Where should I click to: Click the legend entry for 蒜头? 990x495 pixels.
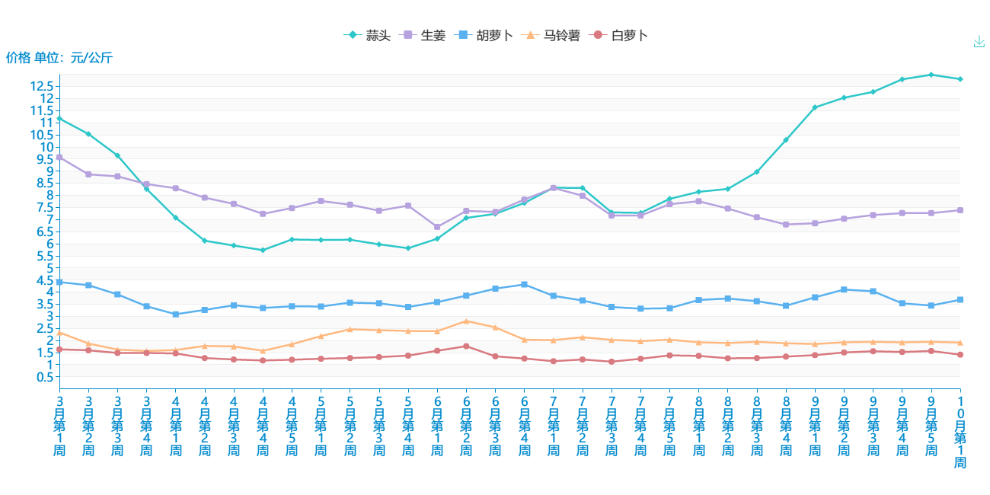(x=367, y=35)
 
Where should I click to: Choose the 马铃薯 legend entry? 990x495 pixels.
(x=554, y=35)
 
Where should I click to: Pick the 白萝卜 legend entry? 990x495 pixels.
(x=621, y=35)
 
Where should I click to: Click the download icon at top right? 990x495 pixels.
(x=979, y=42)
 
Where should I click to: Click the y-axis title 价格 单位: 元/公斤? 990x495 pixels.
(x=59, y=58)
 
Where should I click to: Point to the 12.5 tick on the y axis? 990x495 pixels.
(x=43, y=86)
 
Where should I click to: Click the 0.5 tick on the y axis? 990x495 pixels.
(x=44, y=377)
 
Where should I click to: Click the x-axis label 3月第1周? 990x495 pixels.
(x=59, y=425)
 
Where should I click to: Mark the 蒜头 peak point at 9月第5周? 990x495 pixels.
(x=931, y=75)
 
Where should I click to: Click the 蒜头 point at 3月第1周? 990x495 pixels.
(x=59, y=118)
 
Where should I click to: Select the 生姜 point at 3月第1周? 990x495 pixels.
(x=59, y=157)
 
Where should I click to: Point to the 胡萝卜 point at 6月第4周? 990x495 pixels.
(x=524, y=284)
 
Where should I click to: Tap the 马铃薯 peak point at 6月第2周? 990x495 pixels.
(x=466, y=321)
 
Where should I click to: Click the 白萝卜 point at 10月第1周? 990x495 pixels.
(x=960, y=355)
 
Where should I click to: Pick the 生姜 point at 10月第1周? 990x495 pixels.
(x=960, y=210)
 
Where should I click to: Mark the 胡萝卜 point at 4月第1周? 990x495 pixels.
(x=176, y=315)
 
